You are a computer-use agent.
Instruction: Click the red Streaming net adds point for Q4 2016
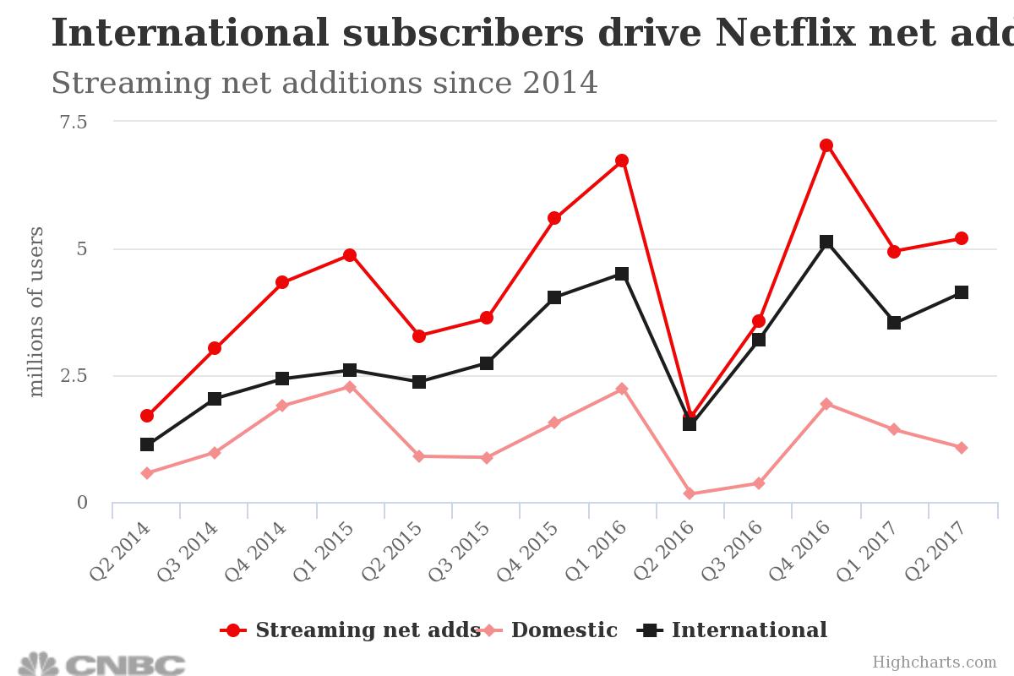[826, 145]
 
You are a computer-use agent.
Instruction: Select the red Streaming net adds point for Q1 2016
[622, 161]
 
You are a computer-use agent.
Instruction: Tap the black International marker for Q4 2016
[826, 243]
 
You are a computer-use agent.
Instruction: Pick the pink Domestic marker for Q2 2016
[690, 493]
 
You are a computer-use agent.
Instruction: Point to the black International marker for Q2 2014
[147, 444]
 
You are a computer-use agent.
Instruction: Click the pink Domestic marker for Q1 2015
[350, 387]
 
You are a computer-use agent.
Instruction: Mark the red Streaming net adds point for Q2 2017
[962, 238]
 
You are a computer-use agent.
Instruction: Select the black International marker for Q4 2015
[554, 297]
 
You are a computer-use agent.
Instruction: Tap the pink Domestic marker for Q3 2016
[759, 483]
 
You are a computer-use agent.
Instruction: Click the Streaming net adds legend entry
[350, 630]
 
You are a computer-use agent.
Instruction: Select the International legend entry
[735, 630]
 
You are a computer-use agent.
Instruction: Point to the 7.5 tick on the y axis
[73, 122]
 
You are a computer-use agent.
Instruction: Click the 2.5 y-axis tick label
[73, 375]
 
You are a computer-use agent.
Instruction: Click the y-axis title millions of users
[36, 311]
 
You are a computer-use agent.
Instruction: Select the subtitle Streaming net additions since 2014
[324, 84]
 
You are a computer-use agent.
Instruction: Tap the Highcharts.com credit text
[935, 662]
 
